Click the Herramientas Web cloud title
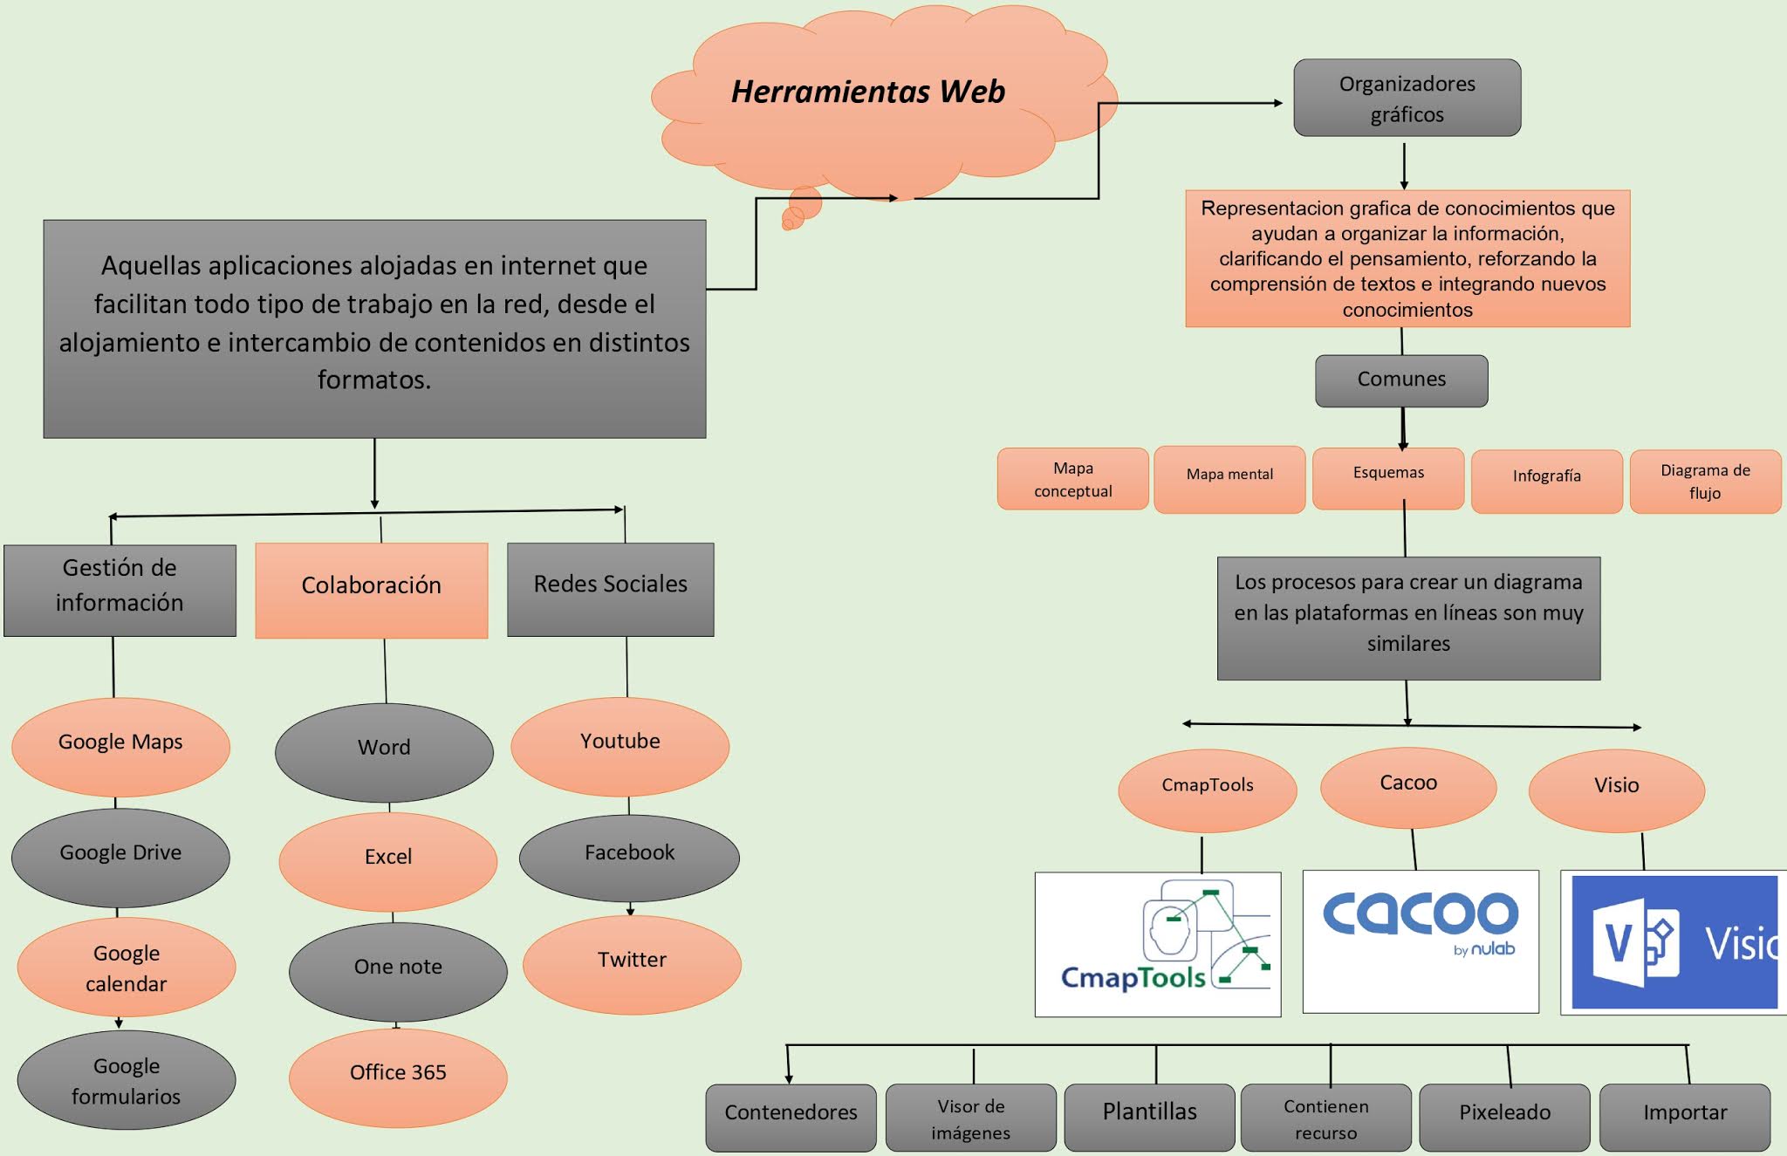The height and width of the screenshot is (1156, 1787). (x=867, y=92)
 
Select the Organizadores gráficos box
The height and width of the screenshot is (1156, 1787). (x=1407, y=98)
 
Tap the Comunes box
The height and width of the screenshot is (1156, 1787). (x=1401, y=380)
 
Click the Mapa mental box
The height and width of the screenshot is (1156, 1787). (x=1229, y=475)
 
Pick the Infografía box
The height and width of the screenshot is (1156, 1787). (x=1546, y=477)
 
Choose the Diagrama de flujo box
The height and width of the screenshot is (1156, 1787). (x=1705, y=481)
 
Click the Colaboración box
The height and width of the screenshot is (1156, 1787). (x=372, y=586)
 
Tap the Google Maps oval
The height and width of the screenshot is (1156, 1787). (x=120, y=743)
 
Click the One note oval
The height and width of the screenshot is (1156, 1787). (x=398, y=968)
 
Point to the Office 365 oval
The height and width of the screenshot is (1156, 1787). (x=398, y=1074)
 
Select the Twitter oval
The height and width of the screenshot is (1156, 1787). (x=632, y=961)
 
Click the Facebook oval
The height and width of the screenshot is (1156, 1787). (x=629, y=854)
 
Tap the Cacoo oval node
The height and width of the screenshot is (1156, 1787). (x=1408, y=784)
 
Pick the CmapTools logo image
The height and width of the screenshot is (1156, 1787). (x=1158, y=944)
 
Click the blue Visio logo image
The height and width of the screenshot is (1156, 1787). (x=1674, y=942)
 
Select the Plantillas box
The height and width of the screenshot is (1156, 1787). (x=1149, y=1114)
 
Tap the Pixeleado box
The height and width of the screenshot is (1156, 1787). (x=1504, y=1114)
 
